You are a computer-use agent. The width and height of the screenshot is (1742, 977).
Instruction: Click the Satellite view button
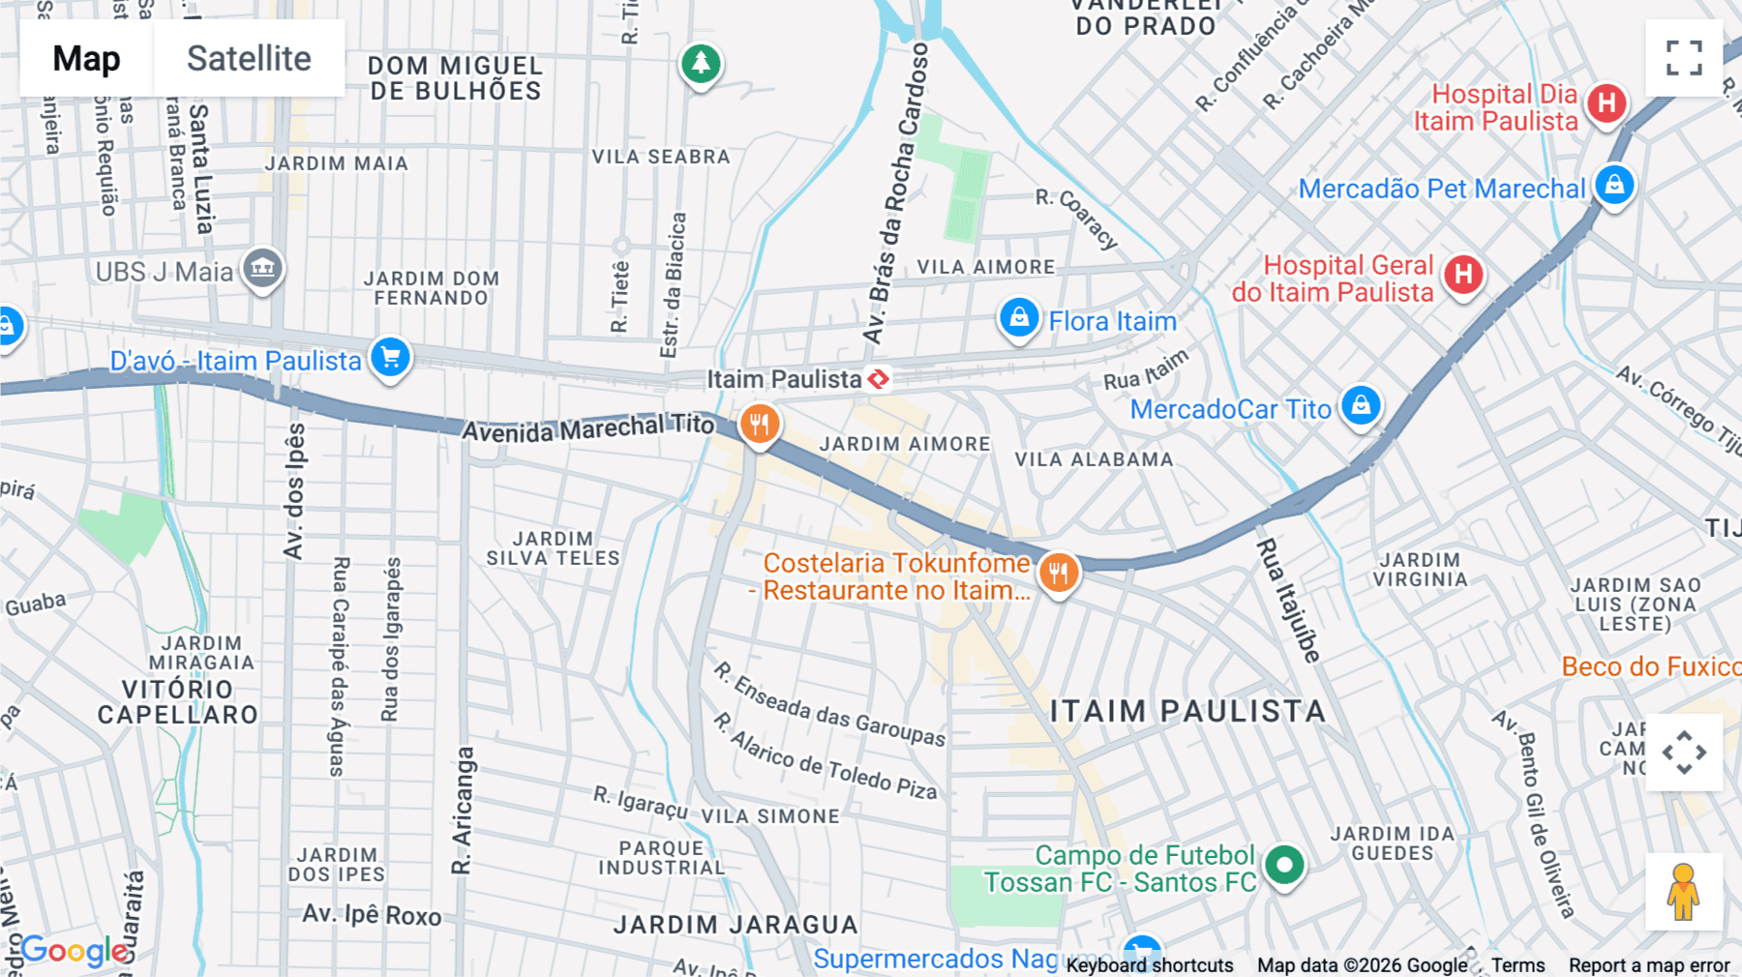point(249,58)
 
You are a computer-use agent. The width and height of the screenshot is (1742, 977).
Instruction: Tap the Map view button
point(86,58)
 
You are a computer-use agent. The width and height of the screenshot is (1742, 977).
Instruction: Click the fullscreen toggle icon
point(1684,58)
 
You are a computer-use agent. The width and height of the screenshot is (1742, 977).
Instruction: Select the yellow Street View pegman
point(1683,892)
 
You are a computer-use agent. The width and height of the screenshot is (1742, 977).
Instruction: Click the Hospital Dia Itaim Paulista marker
point(1607,103)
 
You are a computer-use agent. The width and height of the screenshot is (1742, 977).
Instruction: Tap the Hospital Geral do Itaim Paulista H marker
point(1463,275)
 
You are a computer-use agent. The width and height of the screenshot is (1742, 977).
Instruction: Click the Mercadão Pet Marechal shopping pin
point(1613,185)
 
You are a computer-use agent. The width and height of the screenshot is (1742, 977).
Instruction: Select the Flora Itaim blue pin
point(1018,318)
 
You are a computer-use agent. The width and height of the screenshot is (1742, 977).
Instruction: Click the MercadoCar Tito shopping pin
point(1361,405)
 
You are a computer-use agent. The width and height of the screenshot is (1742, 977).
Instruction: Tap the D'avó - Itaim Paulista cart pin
point(390,358)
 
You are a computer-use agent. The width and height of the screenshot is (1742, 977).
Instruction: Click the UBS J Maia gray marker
point(262,268)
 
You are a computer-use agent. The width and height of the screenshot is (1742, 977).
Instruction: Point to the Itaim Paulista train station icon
point(879,379)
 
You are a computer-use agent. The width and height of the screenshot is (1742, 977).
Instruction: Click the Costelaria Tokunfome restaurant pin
point(1058,573)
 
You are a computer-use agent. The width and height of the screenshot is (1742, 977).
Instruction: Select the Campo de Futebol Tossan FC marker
point(1284,865)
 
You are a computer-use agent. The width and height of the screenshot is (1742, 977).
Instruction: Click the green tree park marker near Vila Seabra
point(701,65)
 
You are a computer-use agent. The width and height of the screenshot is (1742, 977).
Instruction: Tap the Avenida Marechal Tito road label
point(587,428)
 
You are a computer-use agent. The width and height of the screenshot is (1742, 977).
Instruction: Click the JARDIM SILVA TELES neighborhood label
point(553,548)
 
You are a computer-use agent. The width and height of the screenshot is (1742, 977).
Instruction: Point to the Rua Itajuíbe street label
point(1288,601)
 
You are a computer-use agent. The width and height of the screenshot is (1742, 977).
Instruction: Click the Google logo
point(75,951)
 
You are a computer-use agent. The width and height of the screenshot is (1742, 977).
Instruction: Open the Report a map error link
point(1648,965)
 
